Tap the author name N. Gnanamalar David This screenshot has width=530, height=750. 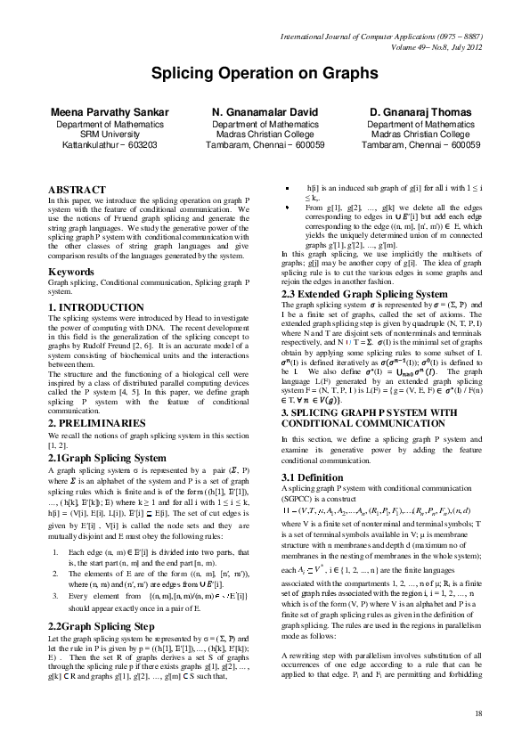pyautogui.click(x=265, y=113)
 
